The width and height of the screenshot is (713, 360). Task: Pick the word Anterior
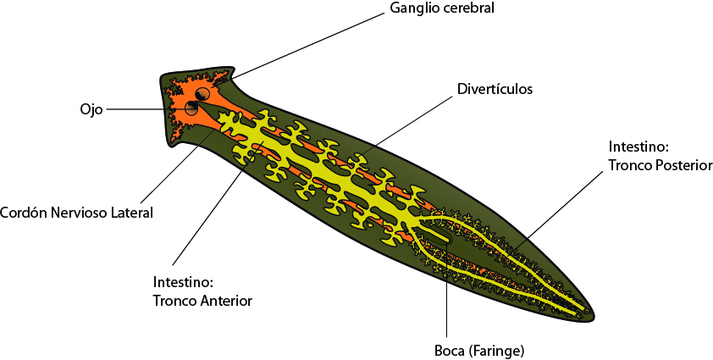pyautogui.click(x=228, y=300)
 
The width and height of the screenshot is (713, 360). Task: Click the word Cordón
pyautogui.click(x=23, y=213)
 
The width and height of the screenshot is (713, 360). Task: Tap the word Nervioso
pyautogui.click(x=80, y=213)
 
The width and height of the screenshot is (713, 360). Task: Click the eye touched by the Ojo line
pyautogui.click(x=192, y=109)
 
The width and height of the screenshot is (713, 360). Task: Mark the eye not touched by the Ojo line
pyautogui.click(x=203, y=93)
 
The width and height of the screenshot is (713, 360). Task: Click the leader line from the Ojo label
pyautogui.click(x=144, y=109)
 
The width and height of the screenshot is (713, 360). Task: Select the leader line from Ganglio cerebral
pyautogui.click(x=313, y=42)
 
